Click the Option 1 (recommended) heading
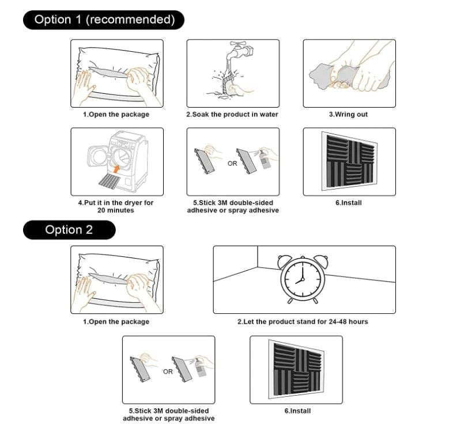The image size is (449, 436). pos(104,20)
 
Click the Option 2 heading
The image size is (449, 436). pos(69,230)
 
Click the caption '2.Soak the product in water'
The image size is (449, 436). pos(232,115)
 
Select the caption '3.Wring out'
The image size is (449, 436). pos(348,115)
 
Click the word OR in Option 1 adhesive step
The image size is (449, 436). pos(232,164)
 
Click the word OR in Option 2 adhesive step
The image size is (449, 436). pos(167,371)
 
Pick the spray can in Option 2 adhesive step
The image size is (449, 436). pos(201,369)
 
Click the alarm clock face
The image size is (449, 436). pos(299,280)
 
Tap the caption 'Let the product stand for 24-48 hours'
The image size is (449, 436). pos(303,321)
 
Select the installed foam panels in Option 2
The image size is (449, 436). pos(295,369)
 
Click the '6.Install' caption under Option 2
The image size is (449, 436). pos(297,411)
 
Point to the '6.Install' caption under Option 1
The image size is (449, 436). pos(348,203)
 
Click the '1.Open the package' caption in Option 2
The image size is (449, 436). pos(116,321)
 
